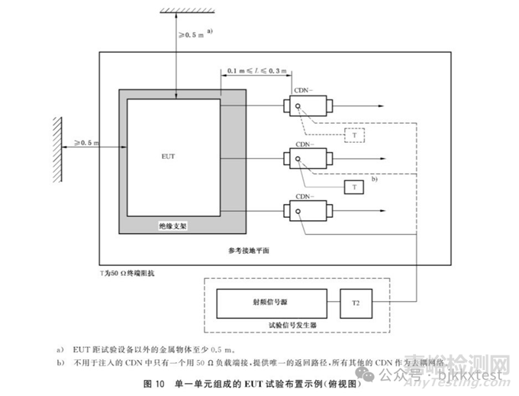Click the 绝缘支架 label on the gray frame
click(172, 226)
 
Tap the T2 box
click(356, 303)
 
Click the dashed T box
click(355, 135)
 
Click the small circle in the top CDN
click(298, 105)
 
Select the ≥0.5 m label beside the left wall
click(87, 143)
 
